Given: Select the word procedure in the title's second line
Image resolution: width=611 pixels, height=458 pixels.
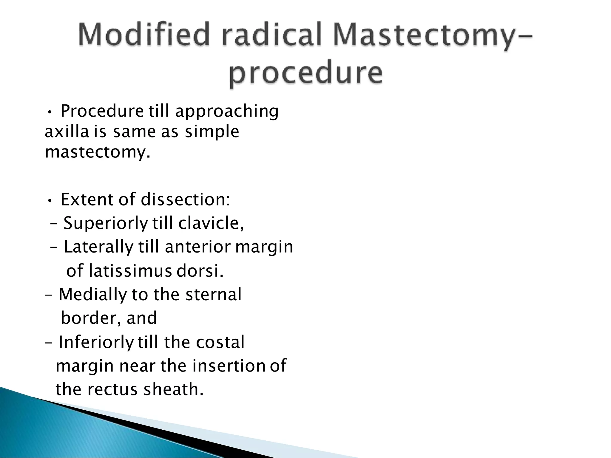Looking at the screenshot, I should click(305, 73).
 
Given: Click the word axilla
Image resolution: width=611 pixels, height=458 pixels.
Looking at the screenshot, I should click(67, 131).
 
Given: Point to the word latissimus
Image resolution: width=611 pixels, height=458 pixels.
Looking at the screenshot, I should click(130, 271).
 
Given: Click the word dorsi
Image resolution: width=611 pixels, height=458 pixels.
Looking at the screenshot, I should click(200, 271).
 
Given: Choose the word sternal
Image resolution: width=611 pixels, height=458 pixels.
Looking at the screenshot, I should click(213, 295).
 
